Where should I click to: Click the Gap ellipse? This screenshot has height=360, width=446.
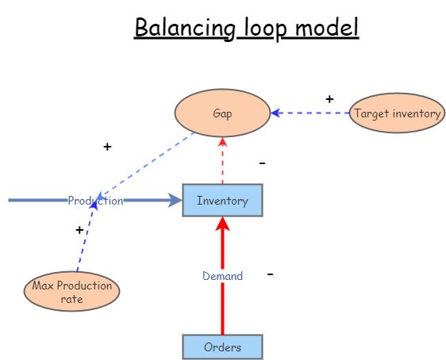222,113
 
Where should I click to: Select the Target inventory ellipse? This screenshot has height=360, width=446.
397,113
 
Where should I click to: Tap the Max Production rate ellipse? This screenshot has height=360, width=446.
71,292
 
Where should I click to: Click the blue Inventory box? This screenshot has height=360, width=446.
222,201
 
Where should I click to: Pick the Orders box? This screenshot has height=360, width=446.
222,347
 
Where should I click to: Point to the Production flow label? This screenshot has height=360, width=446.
95,201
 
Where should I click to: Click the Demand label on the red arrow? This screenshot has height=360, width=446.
222,276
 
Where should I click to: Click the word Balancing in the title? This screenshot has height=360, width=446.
183,28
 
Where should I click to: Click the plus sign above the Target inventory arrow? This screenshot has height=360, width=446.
330,99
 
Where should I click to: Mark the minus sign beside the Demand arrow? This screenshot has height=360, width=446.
271,274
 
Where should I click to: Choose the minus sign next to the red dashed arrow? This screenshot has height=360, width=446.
262,163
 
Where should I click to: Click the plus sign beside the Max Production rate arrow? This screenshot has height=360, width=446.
79,229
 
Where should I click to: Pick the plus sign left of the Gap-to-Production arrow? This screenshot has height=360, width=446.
107,147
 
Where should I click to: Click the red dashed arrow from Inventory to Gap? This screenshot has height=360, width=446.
222,163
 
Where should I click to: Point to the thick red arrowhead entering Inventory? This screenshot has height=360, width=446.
222,224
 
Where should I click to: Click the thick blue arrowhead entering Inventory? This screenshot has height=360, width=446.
175,201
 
